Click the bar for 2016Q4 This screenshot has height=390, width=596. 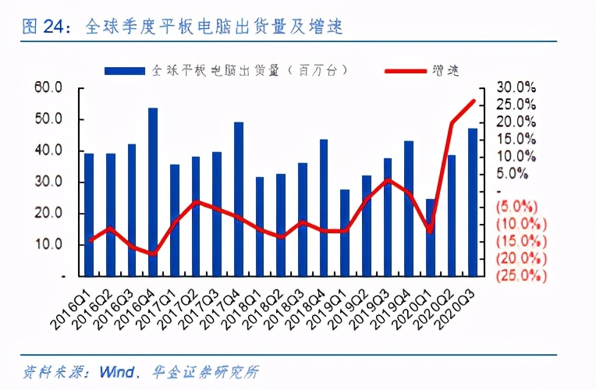(x=153, y=192)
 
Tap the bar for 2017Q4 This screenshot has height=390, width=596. (x=239, y=199)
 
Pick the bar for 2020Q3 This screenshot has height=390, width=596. (x=473, y=202)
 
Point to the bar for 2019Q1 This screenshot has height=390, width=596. (x=345, y=232)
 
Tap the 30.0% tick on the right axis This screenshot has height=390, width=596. (x=516, y=87)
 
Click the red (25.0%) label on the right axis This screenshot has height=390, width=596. (x=516, y=275)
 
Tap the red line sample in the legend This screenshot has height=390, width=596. (x=406, y=70)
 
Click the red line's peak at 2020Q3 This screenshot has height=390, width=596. (x=474, y=101)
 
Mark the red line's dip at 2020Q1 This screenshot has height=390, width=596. (x=430, y=231)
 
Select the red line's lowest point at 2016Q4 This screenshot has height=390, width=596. (x=153, y=253)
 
